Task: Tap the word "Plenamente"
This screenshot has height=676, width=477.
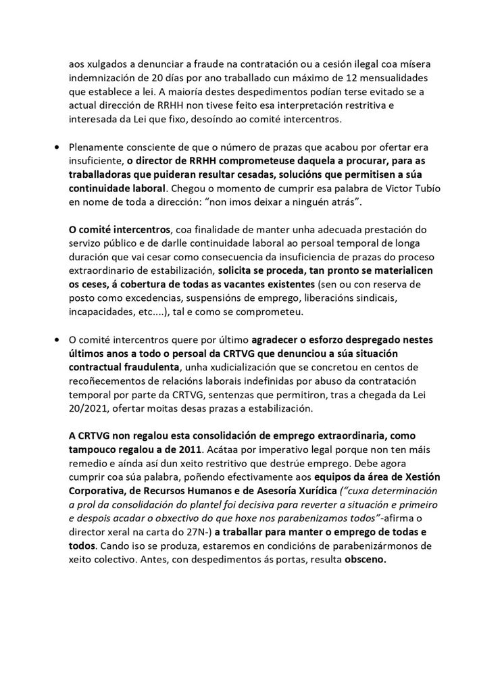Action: coord(97,147)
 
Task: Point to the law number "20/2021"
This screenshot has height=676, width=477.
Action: coord(92,410)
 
